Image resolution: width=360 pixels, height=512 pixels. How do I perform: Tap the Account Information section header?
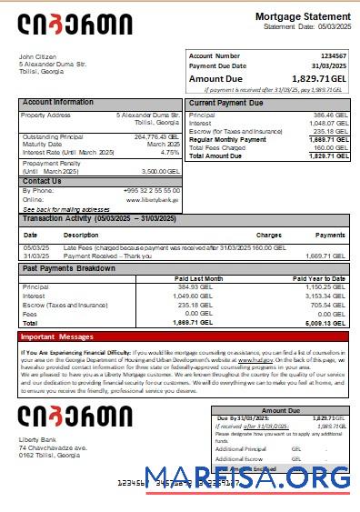(x=58, y=103)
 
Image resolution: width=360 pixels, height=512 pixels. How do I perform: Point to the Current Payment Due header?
(x=225, y=103)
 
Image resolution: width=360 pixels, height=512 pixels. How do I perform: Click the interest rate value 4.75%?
(x=170, y=152)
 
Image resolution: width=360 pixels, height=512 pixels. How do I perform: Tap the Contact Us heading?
(x=42, y=181)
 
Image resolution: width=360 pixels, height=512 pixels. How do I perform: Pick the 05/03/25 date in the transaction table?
(x=36, y=247)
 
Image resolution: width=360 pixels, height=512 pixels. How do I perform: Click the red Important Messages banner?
(x=182, y=336)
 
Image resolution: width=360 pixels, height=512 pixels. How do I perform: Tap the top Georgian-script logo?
(x=75, y=25)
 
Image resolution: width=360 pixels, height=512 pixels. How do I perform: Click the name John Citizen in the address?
(x=38, y=56)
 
